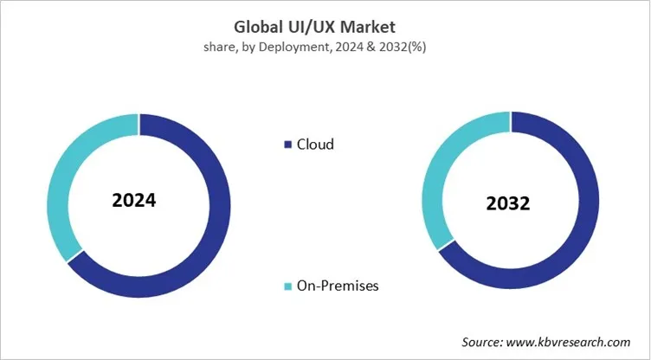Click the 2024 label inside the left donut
tap(134, 201)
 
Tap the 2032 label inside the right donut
tap(507, 205)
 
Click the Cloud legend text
tap(315, 145)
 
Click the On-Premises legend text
tap(338, 286)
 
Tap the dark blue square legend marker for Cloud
tap(287, 145)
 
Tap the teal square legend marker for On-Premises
tap(287, 286)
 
